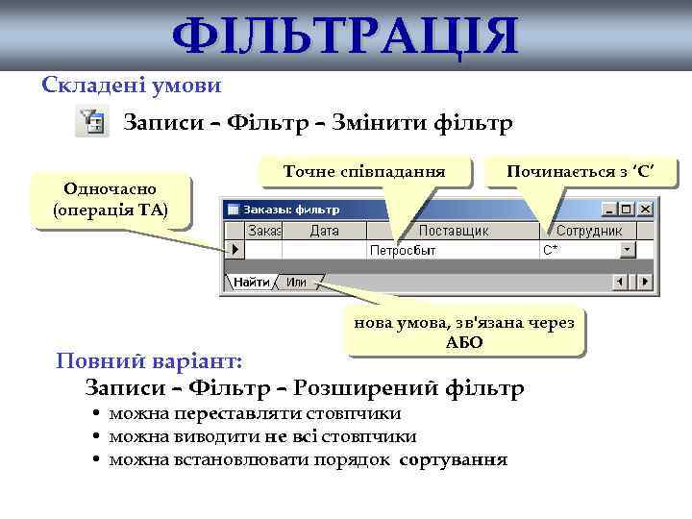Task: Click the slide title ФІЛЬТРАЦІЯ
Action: click(345, 37)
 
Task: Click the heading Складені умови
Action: click(132, 86)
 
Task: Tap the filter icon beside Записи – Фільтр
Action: click(90, 124)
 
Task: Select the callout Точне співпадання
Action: click(364, 171)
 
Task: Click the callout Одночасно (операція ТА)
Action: click(111, 200)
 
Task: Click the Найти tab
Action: click(252, 282)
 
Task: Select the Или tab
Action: click(296, 282)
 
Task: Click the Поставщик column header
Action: click(454, 231)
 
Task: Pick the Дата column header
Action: click(324, 231)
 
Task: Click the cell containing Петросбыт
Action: click(403, 250)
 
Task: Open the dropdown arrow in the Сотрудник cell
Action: click(628, 250)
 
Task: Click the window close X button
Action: click(645, 209)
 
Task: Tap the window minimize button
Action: click(609, 209)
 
